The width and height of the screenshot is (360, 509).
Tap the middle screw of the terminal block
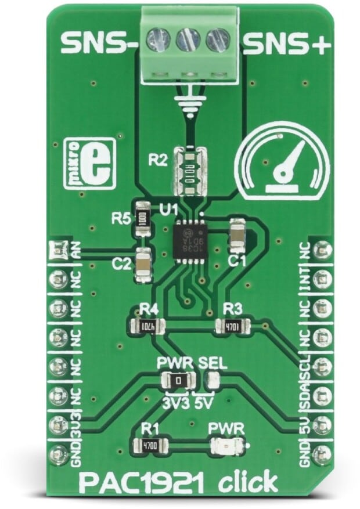(x=187, y=39)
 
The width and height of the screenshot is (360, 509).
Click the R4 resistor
(x=146, y=327)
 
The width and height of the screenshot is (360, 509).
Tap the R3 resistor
(x=232, y=326)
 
